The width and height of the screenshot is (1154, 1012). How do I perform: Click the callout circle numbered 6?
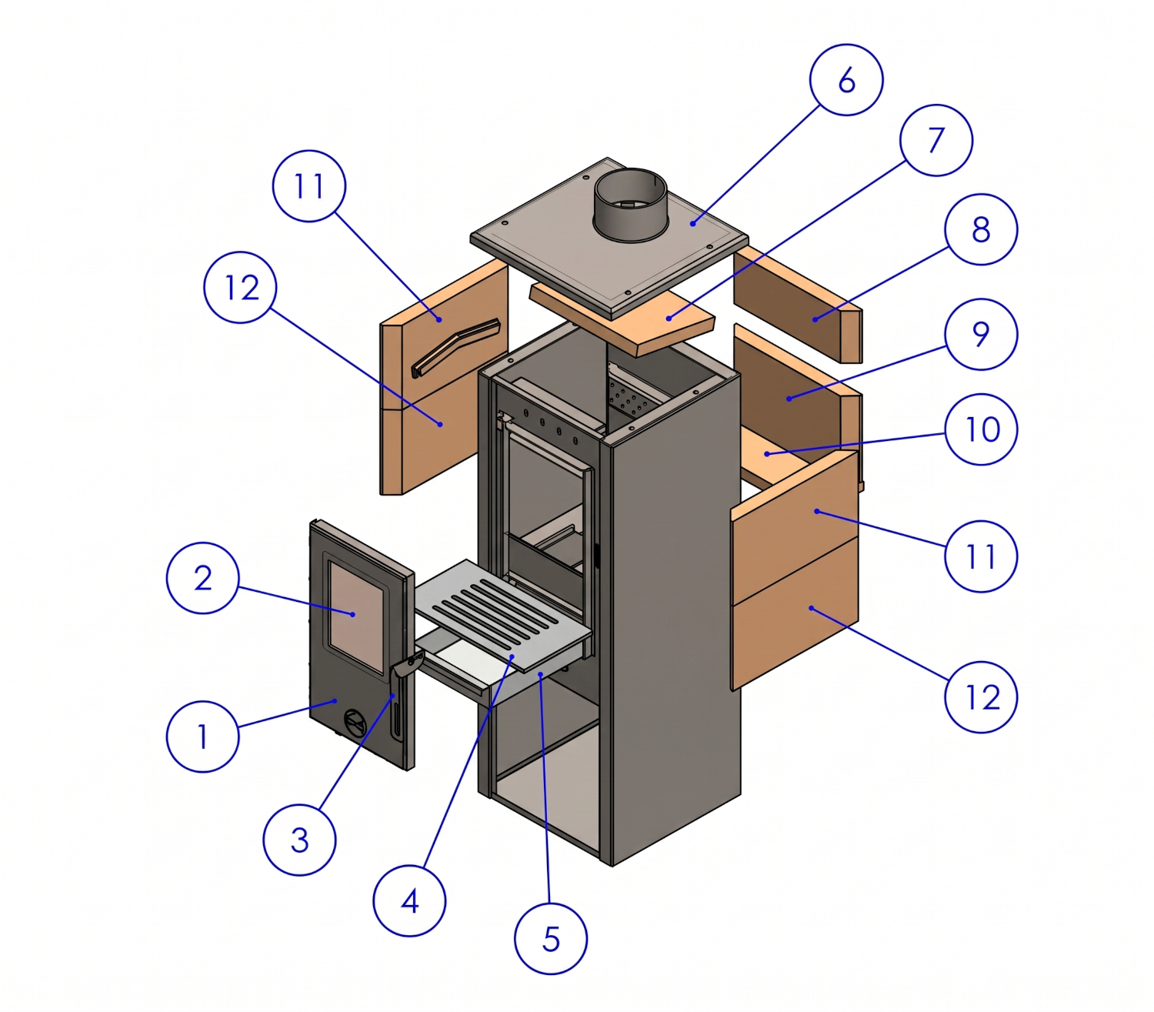(845, 80)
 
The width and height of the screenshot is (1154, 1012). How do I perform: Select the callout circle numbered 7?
(936, 140)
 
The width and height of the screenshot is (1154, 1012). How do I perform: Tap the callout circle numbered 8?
(980, 229)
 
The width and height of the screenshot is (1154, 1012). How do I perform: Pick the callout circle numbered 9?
(980, 334)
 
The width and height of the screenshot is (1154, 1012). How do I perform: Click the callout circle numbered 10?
(980, 429)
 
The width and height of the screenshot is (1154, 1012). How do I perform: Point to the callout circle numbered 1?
(202, 736)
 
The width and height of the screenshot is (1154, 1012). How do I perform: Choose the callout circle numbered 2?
(202, 578)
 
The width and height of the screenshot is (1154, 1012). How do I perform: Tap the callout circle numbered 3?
(299, 840)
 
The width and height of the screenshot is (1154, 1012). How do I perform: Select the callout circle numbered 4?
(409, 901)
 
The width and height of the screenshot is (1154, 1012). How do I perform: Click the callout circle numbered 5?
(550, 938)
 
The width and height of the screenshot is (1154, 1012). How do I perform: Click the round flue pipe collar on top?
(630, 205)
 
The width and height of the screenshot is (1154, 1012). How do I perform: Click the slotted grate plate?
(502, 614)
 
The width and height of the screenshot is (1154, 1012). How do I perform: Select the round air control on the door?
(354, 721)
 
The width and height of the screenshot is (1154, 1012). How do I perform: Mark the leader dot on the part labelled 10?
(767, 454)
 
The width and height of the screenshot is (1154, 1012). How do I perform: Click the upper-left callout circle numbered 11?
(309, 185)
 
